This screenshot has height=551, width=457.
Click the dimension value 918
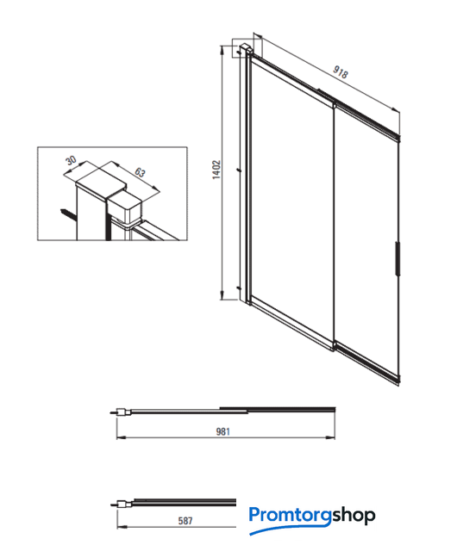[341, 71]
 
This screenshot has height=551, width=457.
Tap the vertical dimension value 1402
[216, 170]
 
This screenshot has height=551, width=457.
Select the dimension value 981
[222, 431]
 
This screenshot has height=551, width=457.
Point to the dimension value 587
[185, 520]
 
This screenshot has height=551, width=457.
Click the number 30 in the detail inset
[71, 160]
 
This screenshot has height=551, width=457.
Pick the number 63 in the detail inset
[140, 172]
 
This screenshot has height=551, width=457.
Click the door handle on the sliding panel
[397, 258]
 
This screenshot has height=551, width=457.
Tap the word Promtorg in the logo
[290, 516]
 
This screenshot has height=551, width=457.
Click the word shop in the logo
[354, 516]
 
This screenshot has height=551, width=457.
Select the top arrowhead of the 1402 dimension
[222, 50]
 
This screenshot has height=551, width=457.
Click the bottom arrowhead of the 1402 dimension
[222, 296]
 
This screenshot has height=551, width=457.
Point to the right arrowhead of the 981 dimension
[330, 437]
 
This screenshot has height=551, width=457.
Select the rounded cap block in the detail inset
[124, 208]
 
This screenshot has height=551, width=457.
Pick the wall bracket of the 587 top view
[125, 504]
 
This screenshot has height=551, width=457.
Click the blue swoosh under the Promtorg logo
[290, 529]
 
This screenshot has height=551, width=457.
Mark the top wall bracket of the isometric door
[245, 48]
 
